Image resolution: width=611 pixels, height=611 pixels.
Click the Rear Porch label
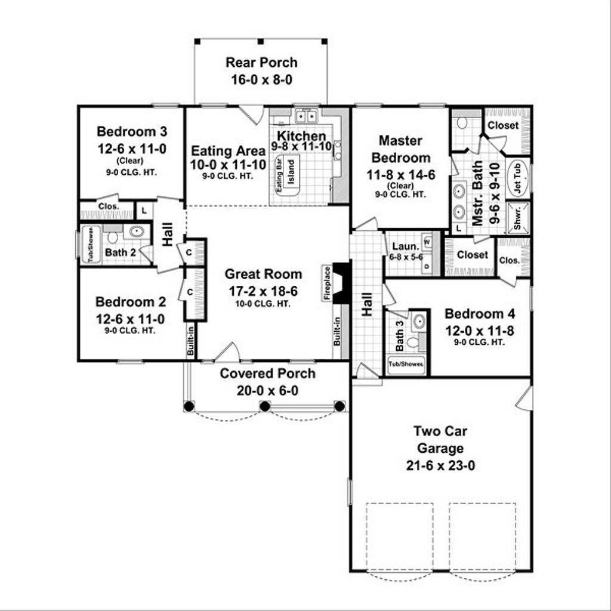click(x=261, y=63)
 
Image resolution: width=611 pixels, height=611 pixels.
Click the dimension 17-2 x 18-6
click(x=263, y=292)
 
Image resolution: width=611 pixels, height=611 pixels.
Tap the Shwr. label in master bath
click(x=517, y=217)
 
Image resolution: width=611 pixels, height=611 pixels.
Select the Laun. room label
click(x=403, y=246)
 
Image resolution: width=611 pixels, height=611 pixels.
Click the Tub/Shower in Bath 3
click(x=406, y=364)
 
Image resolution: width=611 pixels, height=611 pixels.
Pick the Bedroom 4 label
click(x=480, y=314)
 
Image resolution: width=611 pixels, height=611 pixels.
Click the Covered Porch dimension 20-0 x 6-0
click(x=267, y=391)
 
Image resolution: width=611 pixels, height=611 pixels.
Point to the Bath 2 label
click(x=120, y=252)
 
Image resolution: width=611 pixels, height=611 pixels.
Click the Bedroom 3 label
click(x=124, y=131)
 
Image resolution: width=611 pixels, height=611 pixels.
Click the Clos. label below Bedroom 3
click(x=108, y=207)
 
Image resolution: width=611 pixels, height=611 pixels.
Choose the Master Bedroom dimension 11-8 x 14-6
click(x=400, y=175)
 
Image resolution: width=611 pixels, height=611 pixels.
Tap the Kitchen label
click(x=301, y=136)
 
